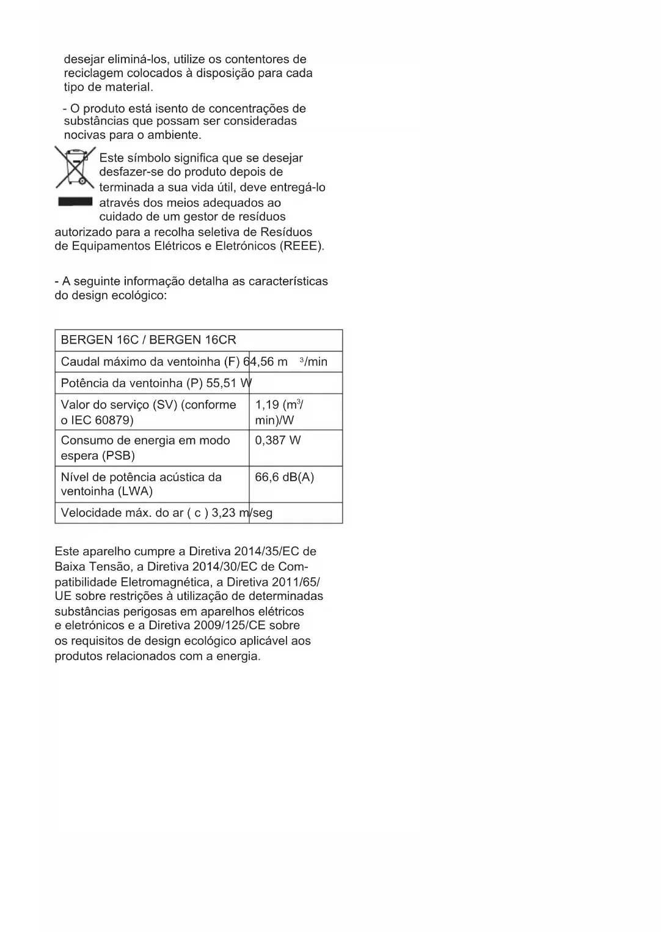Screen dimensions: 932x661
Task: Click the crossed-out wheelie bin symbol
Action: click(x=75, y=166)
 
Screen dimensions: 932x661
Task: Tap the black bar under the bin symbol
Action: click(x=75, y=201)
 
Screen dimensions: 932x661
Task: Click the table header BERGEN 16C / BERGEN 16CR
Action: click(x=148, y=340)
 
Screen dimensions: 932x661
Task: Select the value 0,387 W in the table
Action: click(x=278, y=440)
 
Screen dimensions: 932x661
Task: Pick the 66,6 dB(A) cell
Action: click(x=285, y=477)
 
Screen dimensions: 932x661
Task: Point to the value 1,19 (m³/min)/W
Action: click(x=279, y=412)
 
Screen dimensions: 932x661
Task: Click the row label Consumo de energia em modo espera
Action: click(x=145, y=448)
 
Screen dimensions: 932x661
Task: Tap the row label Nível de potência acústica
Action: click(x=141, y=484)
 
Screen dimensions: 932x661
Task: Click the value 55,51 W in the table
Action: click(x=229, y=383)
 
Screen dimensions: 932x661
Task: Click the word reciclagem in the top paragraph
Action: click(x=93, y=73)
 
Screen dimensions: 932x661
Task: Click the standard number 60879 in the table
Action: click(x=114, y=420)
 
